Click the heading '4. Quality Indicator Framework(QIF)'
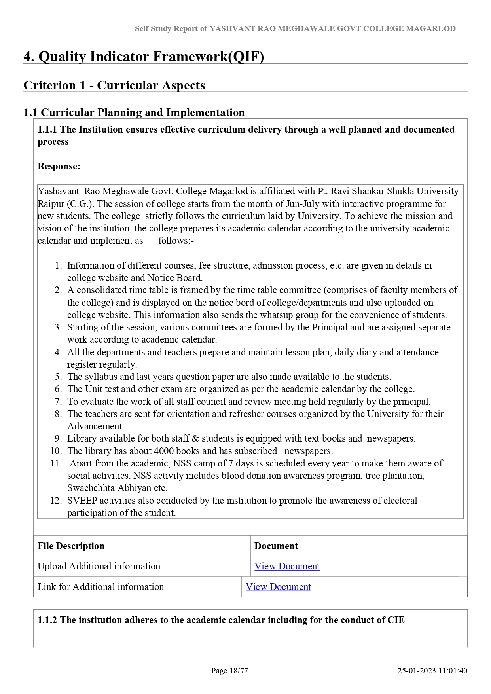point(144,57)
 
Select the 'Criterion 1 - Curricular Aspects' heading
point(114,85)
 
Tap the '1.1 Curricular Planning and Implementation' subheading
point(134,112)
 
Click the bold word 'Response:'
point(59,166)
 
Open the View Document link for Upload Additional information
point(287,566)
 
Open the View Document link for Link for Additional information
point(278,587)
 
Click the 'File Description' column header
point(71,546)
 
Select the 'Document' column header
point(276,546)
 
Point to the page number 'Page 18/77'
point(229,671)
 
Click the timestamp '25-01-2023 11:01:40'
point(432,671)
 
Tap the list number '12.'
point(56,501)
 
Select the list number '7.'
point(58,402)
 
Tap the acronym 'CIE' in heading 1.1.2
point(396,620)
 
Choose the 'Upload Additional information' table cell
point(99,566)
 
